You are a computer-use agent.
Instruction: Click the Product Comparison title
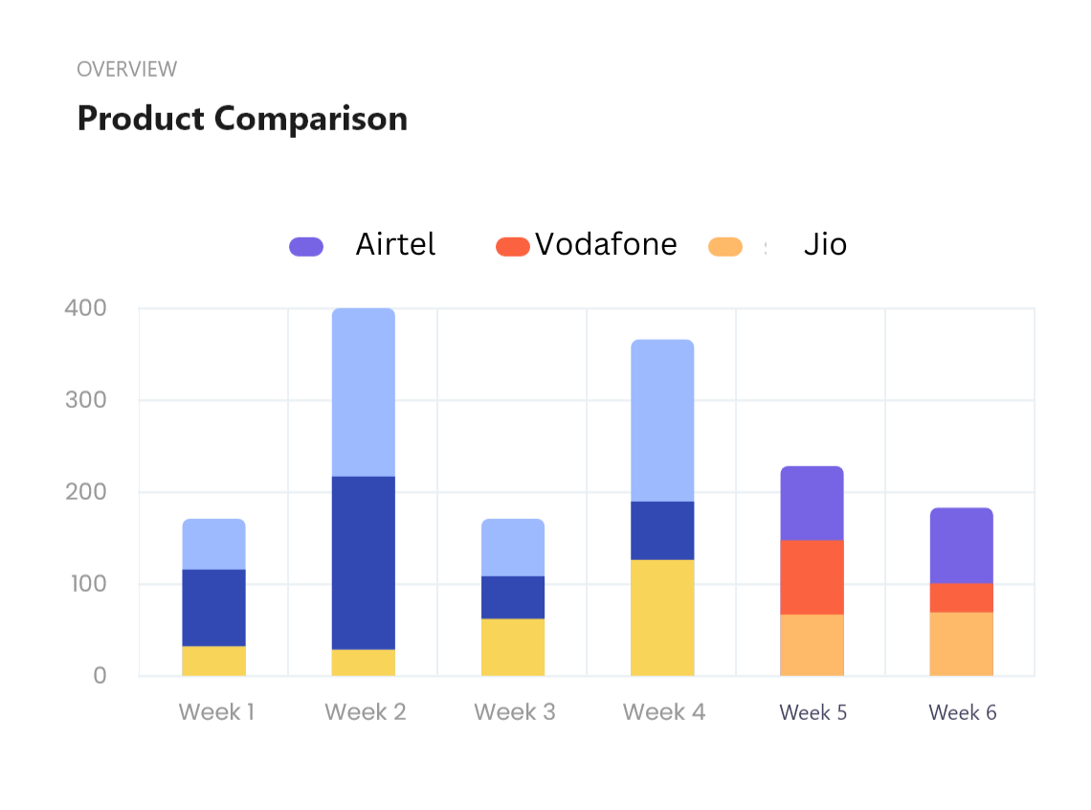pos(242,119)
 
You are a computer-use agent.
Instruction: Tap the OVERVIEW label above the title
pos(126,69)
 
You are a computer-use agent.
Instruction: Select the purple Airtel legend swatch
pos(306,247)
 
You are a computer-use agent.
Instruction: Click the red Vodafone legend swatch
pos(512,247)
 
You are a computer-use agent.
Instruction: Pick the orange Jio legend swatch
pos(725,247)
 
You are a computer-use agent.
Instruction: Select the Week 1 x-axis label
pos(216,712)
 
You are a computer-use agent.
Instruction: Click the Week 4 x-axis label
pos(663,712)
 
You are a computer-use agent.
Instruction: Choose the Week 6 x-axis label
pos(963,712)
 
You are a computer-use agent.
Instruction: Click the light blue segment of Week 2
pos(364,393)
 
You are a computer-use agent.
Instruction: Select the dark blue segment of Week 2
pos(364,563)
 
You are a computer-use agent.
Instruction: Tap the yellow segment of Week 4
pos(662,619)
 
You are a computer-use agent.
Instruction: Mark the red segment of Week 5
pos(812,577)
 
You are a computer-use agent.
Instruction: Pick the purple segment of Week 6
pos(961,546)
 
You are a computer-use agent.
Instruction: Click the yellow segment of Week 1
pos(214,662)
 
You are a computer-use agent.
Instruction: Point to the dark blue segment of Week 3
pos(513,597)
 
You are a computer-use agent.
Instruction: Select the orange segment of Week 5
pos(812,645)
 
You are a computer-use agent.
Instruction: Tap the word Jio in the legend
pos(825,245)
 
